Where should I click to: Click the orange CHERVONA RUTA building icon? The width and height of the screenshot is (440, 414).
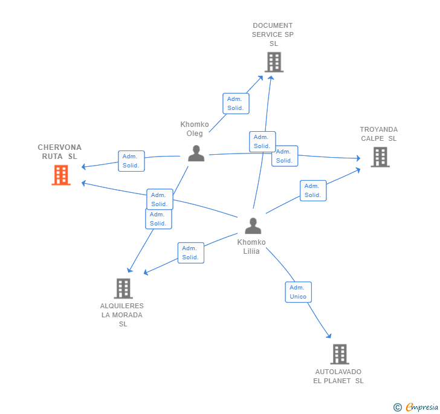(x=60, y=175)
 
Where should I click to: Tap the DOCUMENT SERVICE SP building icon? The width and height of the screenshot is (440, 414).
(x=274, y=62)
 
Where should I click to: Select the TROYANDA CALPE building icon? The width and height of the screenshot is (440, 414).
(x=380, y=157)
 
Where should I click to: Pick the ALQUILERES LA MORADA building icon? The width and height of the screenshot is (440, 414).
(x=123, y=288)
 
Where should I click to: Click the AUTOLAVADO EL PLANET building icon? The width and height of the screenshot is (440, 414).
(x=340, y=354)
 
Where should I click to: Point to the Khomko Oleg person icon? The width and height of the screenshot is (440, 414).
(x=196, y=154)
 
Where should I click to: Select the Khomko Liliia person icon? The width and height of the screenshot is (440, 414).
(x=253, y=225)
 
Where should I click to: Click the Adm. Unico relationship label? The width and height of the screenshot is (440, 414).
(x=299, y=292)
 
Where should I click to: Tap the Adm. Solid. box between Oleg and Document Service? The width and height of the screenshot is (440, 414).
(x=235, y=103)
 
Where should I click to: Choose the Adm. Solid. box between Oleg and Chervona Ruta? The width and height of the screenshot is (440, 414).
(x=131, y=161)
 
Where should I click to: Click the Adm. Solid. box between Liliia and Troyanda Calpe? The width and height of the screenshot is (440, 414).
(x=312, y=190)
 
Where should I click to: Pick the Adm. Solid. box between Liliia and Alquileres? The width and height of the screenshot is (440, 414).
(x=190, y=253)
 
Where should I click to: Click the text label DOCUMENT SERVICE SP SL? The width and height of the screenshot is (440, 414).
(x=273, y=34)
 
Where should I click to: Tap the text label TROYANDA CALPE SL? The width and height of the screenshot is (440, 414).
(x=379, y=134)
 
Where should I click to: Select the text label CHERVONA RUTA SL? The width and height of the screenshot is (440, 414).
(x=60, y=152)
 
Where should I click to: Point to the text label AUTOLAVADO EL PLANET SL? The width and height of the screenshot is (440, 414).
(x=338, y=376)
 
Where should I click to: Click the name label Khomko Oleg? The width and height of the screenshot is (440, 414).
(x=195, y=129)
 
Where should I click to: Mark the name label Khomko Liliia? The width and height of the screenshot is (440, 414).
(x=251, y=247)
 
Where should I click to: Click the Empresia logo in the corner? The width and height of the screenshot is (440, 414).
(x=416, y=407)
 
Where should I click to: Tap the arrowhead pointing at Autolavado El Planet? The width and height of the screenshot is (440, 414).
(x=329, y=336)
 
